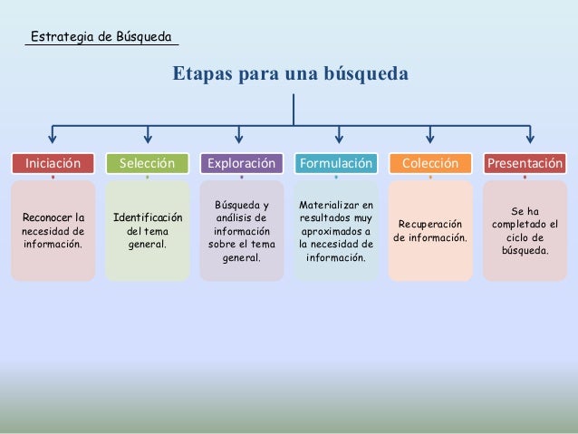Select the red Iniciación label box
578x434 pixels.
[53, 163]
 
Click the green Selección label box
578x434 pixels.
[147, 163]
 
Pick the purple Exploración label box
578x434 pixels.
[241, 163]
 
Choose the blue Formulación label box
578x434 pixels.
[336, 163]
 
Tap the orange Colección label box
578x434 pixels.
[430, 163]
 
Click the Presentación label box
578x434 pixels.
[525, 163]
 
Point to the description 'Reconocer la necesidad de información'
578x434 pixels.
[53, 230]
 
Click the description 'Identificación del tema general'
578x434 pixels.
[147, 230]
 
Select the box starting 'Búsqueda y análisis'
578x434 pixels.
[241, 230]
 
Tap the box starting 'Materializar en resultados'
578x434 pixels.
[336, 230]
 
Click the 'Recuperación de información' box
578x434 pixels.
[430, 230]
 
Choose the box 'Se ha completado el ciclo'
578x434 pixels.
[525, 230]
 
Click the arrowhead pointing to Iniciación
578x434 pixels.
[53, 139]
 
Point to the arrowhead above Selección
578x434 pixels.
[147, 139]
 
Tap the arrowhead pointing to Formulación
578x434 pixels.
[339, 139]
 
